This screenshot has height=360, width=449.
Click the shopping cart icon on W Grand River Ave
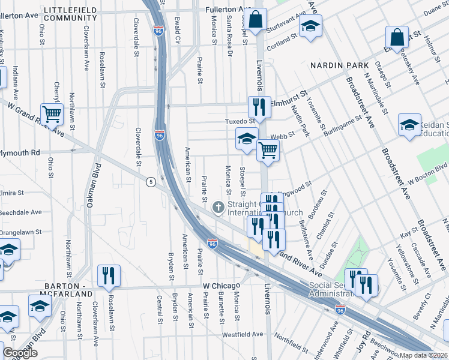pos(52,112)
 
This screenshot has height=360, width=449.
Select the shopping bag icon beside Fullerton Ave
pos(256,19)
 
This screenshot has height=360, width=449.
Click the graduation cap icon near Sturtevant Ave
pos(310,26)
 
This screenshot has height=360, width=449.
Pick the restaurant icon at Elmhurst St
pos(259,107)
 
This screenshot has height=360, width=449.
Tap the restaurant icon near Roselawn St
pos(109,275)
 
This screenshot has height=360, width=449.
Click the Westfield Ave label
pos(243,334)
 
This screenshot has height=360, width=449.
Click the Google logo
pos(20,353)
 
